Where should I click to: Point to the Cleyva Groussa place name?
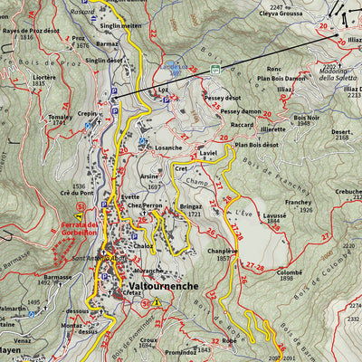(x=281, y=14)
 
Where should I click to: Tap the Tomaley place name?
(x=60, y=118)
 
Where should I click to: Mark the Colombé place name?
(x=290, y=272)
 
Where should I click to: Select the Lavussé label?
(x=275, y=216)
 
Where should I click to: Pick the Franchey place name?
(x=298, y=203)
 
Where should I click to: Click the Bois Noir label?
(x=307, y=118)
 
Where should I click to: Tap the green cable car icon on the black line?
(x=215, y=70)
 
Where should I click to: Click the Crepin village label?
(x=88, y=114)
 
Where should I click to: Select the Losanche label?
(x=168, y=147)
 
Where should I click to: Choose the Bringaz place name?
(x=190, y=207)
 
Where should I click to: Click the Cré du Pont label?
(x=77, y=193)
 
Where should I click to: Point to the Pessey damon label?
(x=240, y=111)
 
